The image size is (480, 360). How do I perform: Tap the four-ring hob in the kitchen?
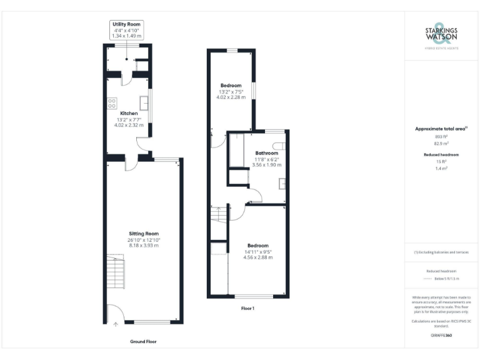(112, 103)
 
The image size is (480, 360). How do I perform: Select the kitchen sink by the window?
(144, 102)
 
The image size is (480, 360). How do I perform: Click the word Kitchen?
(120, 113)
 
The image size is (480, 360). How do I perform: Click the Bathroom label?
(266, 153)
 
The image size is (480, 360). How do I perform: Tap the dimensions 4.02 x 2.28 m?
(231, 97)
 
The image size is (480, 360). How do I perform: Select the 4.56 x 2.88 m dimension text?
(257, 257)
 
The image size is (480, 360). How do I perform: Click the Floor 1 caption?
(247, 308)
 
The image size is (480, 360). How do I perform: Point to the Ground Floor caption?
(143, 341)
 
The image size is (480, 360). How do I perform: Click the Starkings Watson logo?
(442, 36)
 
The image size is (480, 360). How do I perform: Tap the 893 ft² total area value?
(441, 136)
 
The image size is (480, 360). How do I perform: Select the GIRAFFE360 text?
(441, 336)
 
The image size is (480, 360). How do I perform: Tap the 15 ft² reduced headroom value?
(441, 161)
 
